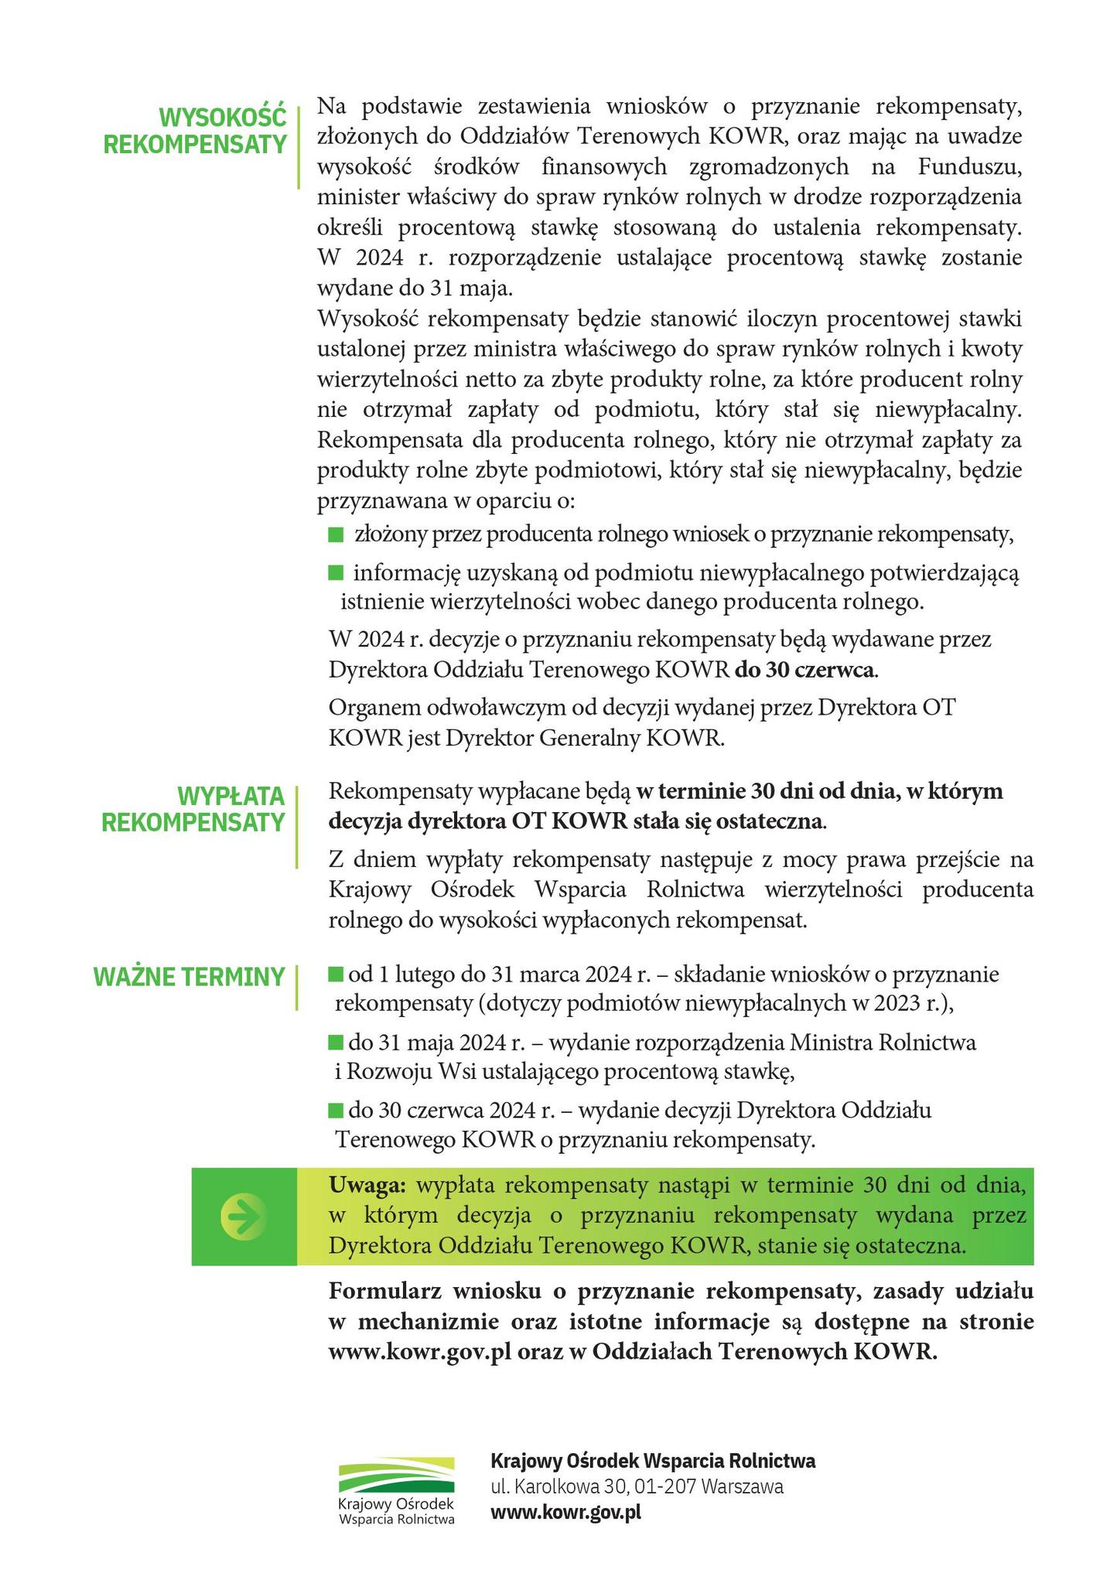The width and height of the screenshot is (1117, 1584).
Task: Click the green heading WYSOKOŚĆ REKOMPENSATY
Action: (x=195, y=131)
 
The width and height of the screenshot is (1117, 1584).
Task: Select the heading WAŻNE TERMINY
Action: (x=190, y=977)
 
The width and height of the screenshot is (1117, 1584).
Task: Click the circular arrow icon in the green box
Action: (x=243, y=1217)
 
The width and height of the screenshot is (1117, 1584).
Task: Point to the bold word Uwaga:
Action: (x=367, y=1185)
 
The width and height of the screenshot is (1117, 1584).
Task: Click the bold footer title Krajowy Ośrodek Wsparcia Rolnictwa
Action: (x=653, y=1461)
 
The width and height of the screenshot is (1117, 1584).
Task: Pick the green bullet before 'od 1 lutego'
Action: (x=336, y=974)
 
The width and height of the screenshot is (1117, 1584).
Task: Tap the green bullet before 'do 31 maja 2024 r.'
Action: (x=336, y=1043)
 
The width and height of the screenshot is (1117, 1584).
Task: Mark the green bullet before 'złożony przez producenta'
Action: (x=336, y=534)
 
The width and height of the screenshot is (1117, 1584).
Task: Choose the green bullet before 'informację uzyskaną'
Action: (x=336, y=572)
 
